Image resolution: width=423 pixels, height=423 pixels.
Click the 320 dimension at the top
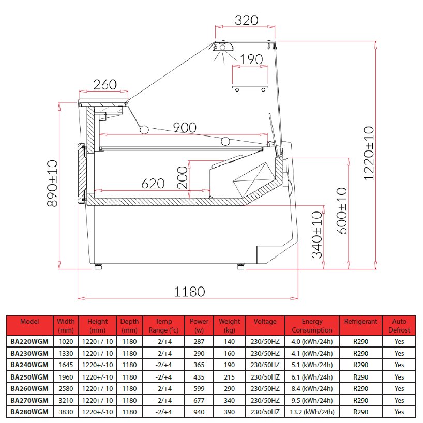pos(246,20)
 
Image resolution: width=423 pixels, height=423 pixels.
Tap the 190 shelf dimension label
pos(251,59)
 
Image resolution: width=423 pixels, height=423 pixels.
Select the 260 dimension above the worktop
pos(105,85)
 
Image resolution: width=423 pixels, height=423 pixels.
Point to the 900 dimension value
pos(185,128)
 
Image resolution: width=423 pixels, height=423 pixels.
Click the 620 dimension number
pos(153,184)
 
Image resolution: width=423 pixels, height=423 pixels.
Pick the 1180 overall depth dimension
pos(189,292)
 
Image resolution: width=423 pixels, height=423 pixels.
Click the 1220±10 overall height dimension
pos(369,153)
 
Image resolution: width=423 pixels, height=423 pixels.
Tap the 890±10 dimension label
pos(52,184)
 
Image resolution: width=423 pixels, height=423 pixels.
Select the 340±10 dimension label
pos(317,235)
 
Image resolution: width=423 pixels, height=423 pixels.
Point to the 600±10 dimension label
pos(342,211)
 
